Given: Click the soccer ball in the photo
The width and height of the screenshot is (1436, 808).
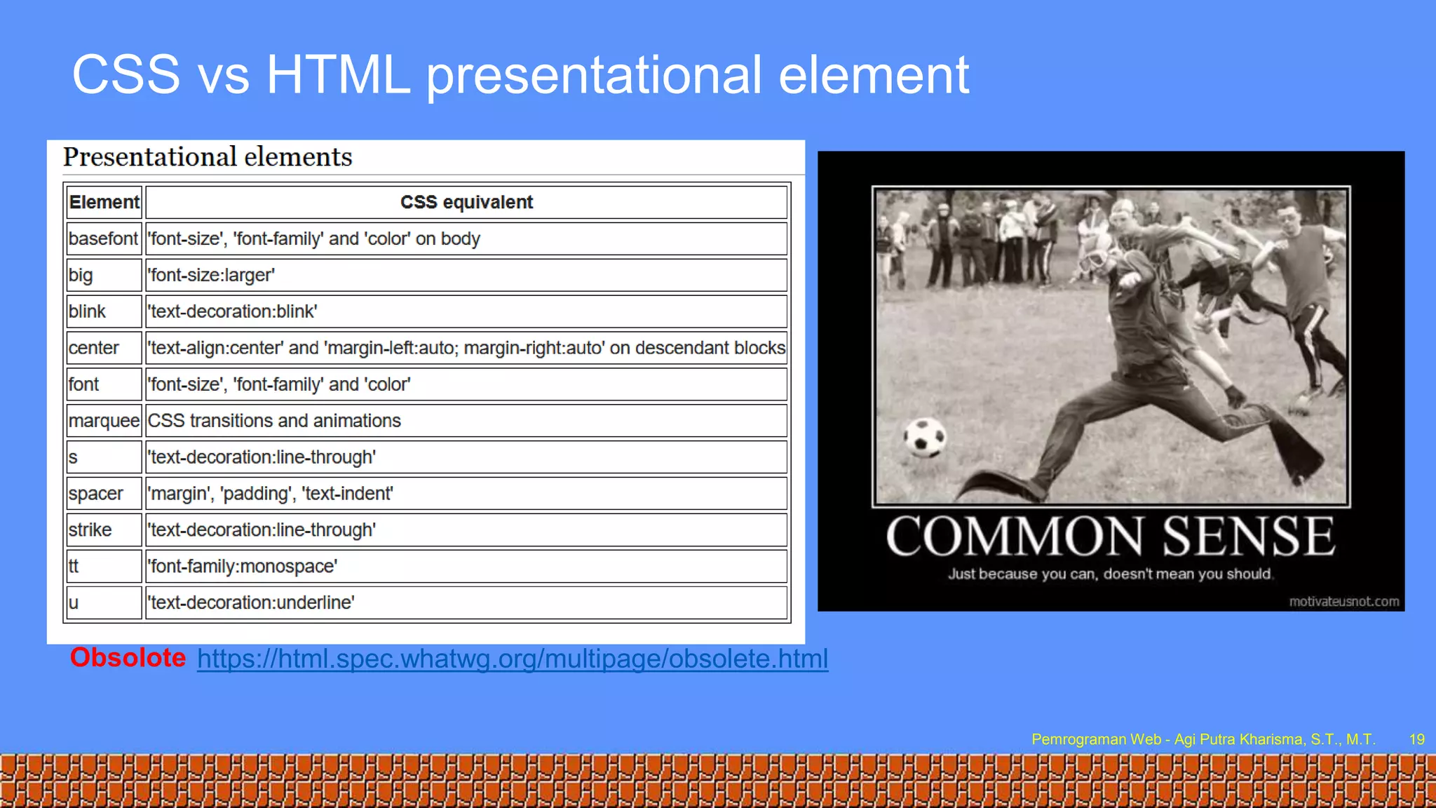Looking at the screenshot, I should click(x=925, y=438).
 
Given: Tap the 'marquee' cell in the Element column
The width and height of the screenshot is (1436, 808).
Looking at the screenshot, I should click(x=104, y=421).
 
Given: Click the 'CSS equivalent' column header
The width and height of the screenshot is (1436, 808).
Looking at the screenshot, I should click(x=466, y=202).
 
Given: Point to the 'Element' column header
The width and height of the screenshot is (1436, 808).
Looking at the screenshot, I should click(x=104, y=202).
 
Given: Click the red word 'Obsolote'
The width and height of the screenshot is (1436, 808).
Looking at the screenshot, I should click(x=128, y=658).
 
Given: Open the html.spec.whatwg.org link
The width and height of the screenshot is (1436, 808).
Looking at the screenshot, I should click(x=513, y=659).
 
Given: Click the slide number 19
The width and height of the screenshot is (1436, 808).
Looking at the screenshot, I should click(x=1416, y=739).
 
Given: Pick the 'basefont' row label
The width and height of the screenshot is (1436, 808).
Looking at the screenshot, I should click(x=103, y=238).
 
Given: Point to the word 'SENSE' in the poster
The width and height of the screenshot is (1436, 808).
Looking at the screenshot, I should click(x=1249, y=537).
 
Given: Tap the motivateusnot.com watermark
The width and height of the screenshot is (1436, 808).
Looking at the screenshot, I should click(x=1343, y=602).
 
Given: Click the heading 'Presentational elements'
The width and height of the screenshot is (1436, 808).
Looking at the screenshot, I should click(x=208, y=157).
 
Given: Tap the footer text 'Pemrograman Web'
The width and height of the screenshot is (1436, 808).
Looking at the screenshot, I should click(x=1096, y=739).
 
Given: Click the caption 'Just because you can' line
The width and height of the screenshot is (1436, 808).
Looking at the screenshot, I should click(x=1110, y=574).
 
